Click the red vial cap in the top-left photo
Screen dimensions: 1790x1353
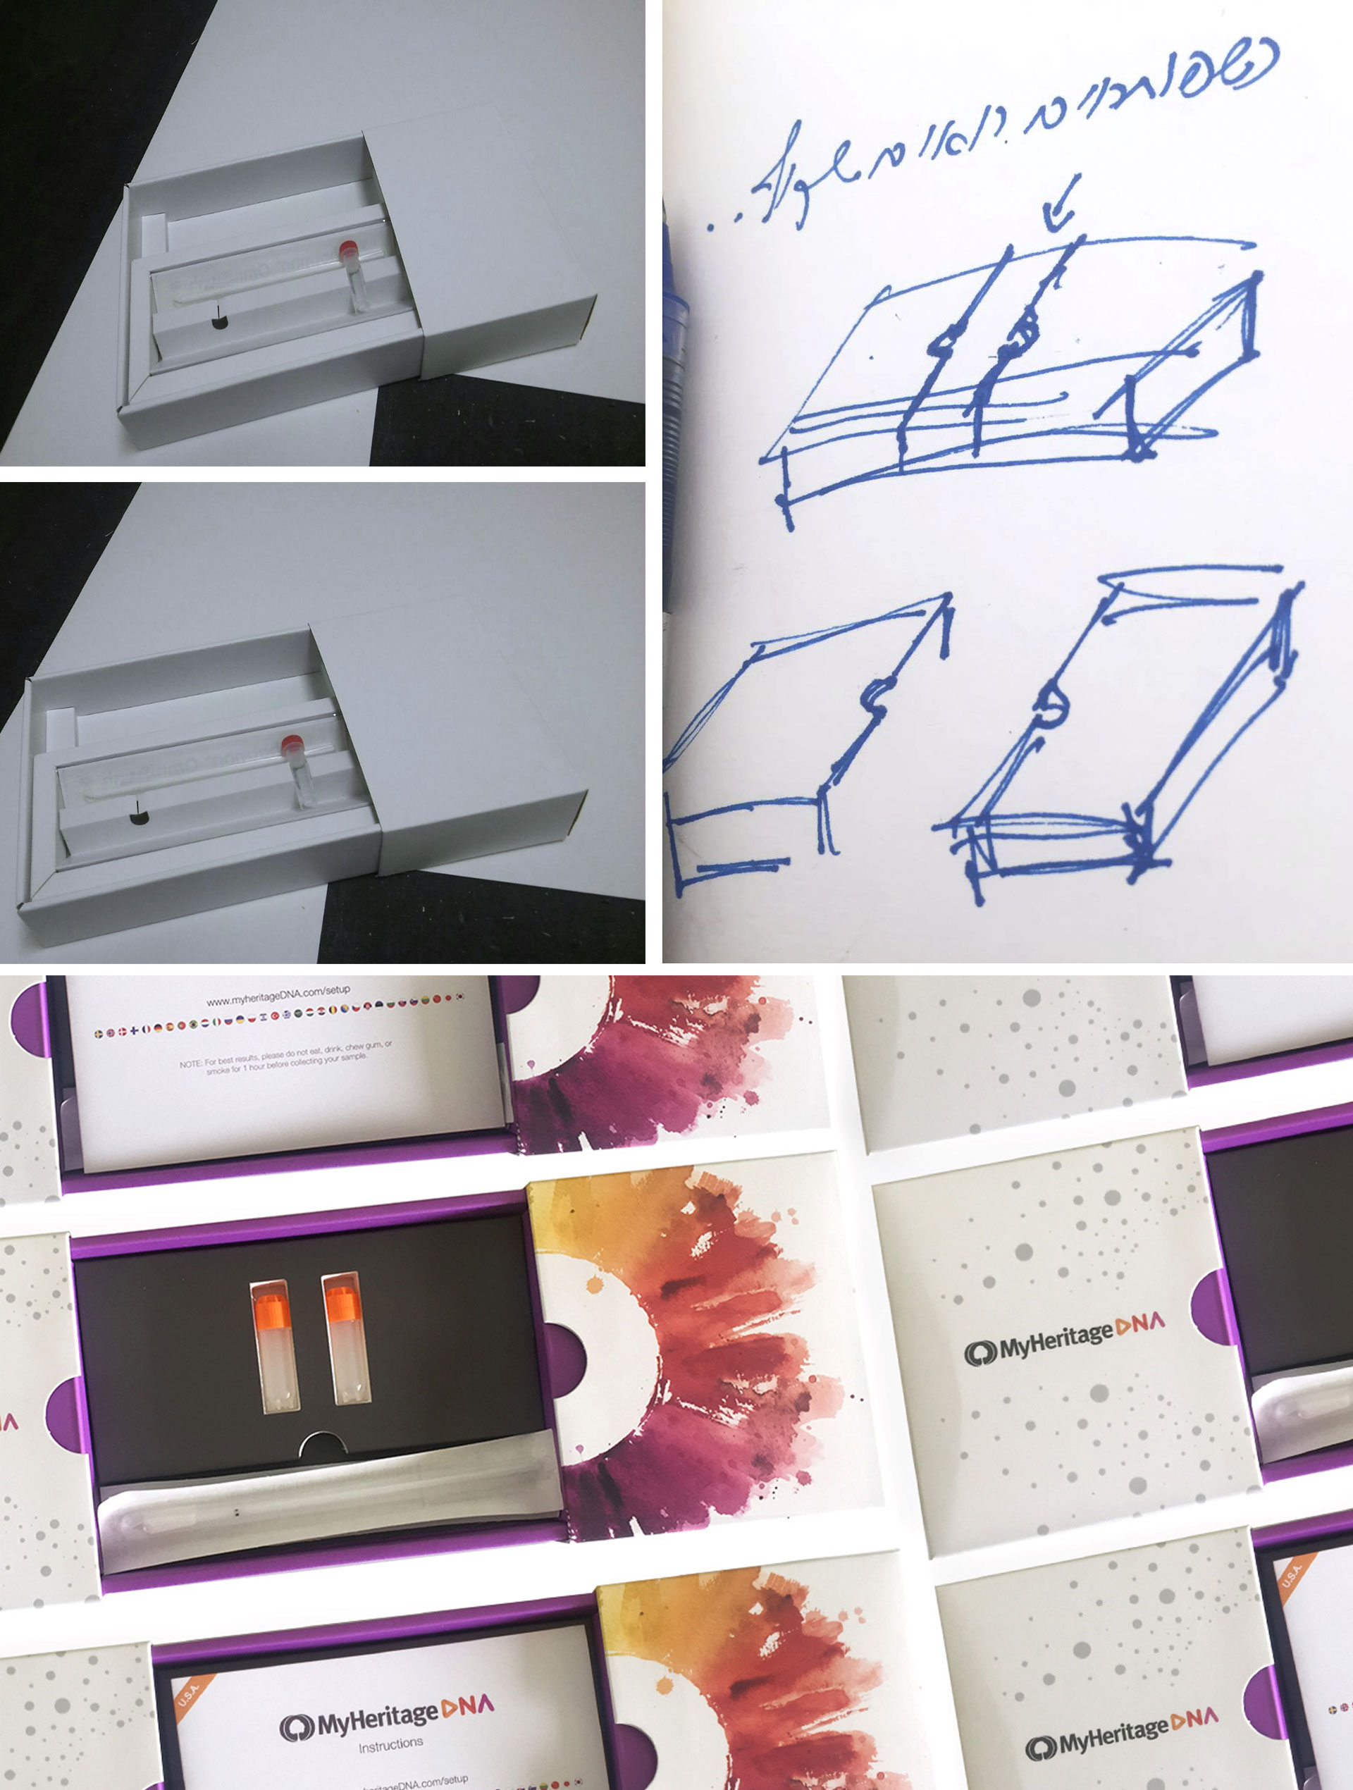348,246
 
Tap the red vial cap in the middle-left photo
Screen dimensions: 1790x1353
291,741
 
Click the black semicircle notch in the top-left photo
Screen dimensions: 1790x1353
218,322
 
